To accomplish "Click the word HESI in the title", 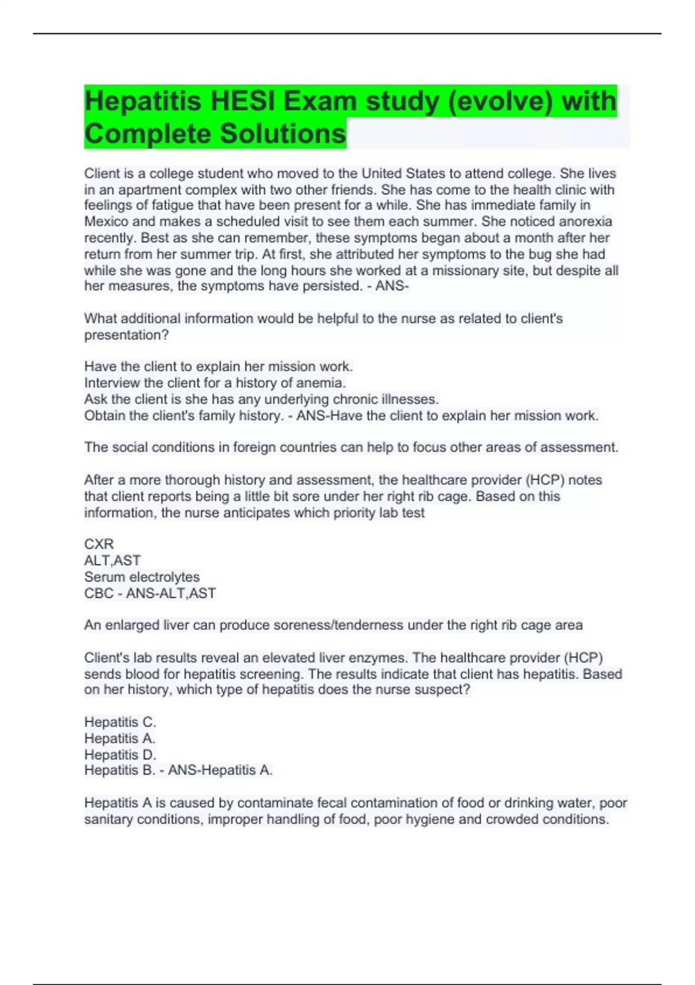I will point(243,101).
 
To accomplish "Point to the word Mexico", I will point(106,221).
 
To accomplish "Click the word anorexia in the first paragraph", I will point(585,221).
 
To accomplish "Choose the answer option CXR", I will point(99,544).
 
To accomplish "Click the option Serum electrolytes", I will point(142,577).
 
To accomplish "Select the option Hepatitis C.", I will point(120,722).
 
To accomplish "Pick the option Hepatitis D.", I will point(120,754).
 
